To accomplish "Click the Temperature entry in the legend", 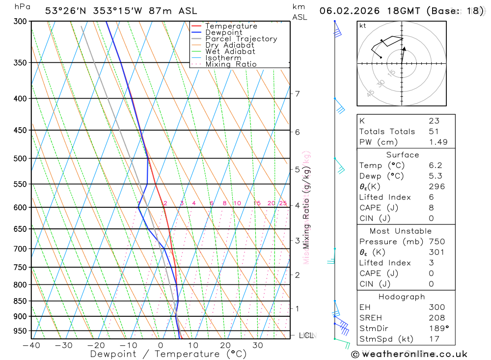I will [231, 26].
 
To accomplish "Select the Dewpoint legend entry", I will [223, 32].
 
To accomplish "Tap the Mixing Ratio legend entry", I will [231, 64].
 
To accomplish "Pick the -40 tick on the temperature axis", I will [31, 345].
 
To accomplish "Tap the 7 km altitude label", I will [297, 93].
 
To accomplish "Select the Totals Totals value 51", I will [434, 131].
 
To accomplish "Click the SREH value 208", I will [436, 318].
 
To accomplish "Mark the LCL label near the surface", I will [306, 335].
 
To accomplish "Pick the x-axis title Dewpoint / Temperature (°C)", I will [168, 354].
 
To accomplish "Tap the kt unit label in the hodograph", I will [362, 26].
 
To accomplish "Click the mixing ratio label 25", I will [283, 203].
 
